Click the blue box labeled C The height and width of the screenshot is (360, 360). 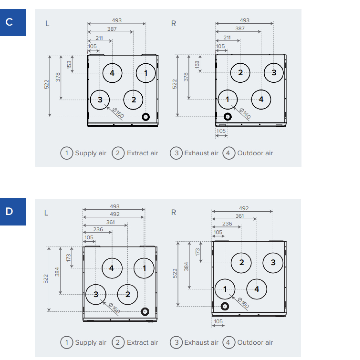click(13, 23)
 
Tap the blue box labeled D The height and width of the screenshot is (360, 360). click(13, 212)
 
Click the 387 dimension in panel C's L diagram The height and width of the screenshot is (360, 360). click(112, 29)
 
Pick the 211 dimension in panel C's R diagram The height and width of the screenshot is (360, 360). click(227, 37)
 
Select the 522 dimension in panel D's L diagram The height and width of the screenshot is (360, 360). click(46, 279)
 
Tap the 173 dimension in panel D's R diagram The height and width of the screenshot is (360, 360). click(197, 252)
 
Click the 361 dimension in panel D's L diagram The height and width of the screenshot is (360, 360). click(110, 222)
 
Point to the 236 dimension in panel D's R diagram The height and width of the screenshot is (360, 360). click(227, 224)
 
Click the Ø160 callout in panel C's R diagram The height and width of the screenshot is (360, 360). click(245, 113)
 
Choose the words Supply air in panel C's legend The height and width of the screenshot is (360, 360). click(91, 153)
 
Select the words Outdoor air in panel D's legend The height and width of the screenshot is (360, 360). click(255, 342)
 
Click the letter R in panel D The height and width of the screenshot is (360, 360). click(174, 212)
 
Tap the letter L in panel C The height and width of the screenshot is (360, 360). click(47, 23)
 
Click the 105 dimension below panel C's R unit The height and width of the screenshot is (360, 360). click(221, 131)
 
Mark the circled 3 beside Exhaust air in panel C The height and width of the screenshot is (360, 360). click(176, 153)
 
